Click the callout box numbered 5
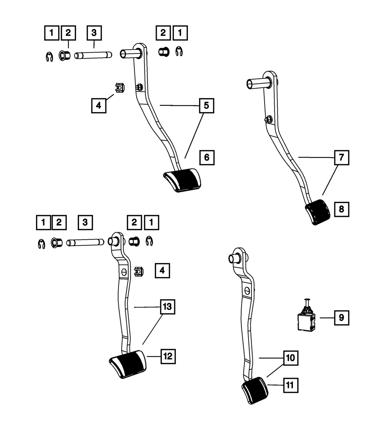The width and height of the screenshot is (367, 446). [x=206, y=105]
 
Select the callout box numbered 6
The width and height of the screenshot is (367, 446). [x=207, y=158]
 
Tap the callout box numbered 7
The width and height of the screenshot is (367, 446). [x=341, y=158]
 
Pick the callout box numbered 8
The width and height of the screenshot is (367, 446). [x=341, y=209]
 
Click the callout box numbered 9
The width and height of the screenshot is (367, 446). [x=341, y=318]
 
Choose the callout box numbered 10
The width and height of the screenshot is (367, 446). [x=291, y=358]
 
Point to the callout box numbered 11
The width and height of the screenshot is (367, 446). [x=291, y=385]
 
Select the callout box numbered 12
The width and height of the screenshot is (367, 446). [x=168, y=356]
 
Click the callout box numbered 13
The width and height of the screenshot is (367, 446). [x=167, y=307]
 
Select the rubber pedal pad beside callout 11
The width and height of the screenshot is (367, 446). [x=255, y=391]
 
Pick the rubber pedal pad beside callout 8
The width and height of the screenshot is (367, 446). [x=317, y=212]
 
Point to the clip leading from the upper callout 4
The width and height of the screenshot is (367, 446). [x=120, y=88]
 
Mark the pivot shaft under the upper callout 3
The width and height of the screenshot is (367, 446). [x=93, y=55]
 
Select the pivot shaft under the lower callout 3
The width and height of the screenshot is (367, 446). [x=85, y=242]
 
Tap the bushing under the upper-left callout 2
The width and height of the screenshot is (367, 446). [x=65, y=55]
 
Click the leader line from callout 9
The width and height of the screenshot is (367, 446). [x=327, y=318]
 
